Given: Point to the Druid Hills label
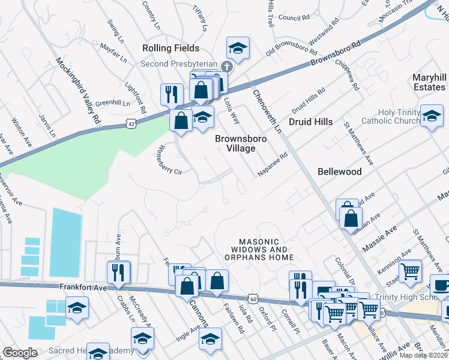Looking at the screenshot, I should click(310, 122).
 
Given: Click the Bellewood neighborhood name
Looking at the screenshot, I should click(340, 172).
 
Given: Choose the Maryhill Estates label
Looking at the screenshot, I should click(429, 83).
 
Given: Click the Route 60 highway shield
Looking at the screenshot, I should click(255, 298).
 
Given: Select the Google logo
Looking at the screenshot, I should click(20, 353).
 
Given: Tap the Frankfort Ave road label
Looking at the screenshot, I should click(82, 288).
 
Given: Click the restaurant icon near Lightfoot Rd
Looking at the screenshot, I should click(172, 93).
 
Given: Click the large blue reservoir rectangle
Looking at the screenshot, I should click(65, 241).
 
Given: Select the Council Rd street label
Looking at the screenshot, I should click(294, 18).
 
